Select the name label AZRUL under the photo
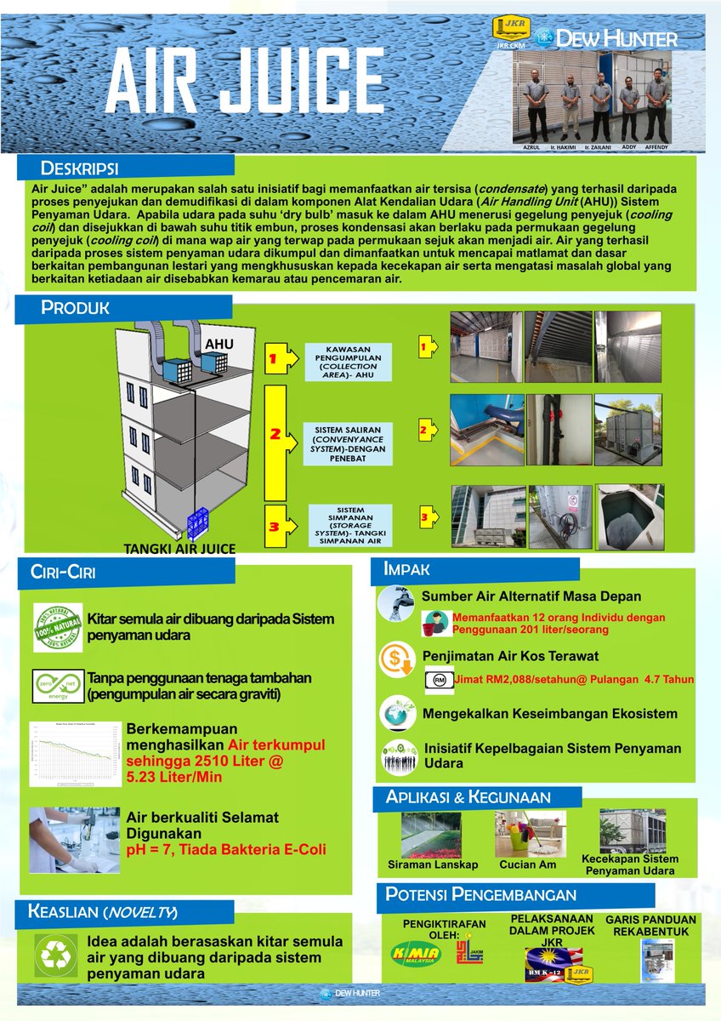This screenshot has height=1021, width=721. (x=531, y=147)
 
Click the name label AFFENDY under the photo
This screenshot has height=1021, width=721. (x=656, y=147)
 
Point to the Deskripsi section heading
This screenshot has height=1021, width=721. (x=80, y=165)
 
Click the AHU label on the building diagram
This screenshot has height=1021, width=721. (x=218, y=344)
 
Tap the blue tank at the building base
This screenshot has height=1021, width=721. (x=198, y=523)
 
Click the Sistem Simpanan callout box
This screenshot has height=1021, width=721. (x=350, y=523)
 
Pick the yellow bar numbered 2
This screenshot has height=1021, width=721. (x=274, y=442)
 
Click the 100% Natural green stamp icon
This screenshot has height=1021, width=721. (x=57, y=628)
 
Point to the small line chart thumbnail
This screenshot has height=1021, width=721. (x=72, y=754)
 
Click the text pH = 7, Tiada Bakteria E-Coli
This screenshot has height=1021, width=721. (x=226, y=849)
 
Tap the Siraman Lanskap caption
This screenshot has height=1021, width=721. (x=433, y=864)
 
